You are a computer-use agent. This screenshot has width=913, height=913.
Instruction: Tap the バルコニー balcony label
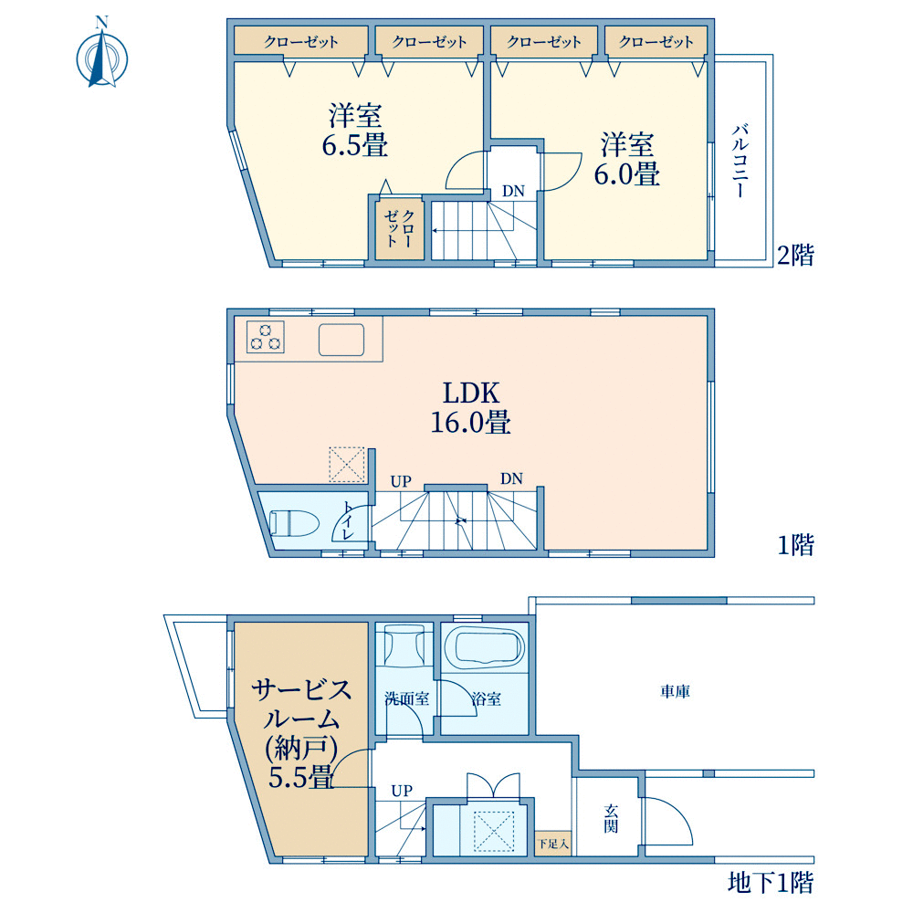740,161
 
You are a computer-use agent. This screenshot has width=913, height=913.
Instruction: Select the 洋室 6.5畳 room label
355,130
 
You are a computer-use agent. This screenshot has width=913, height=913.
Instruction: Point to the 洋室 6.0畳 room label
627,159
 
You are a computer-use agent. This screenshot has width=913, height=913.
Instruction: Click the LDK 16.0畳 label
470,407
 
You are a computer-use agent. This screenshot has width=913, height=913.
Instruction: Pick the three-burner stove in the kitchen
266,337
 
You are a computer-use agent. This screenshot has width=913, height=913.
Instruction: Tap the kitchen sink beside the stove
341,340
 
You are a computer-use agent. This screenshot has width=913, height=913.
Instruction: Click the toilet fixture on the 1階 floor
295,522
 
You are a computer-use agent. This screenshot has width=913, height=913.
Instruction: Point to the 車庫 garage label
675,691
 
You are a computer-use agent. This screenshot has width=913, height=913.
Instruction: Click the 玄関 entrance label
610,818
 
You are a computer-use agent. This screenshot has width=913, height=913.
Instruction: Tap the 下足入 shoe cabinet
552,843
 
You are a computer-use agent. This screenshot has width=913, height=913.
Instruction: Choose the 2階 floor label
795,255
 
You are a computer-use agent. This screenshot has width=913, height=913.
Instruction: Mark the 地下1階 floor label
771,883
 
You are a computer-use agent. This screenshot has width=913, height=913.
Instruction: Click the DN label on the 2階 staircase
513,191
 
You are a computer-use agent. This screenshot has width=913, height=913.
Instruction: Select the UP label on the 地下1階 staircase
402,790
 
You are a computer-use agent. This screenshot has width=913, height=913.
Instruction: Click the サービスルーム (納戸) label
301,734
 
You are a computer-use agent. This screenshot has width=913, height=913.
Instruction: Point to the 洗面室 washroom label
407,698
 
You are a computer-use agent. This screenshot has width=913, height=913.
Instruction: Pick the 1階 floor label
796,545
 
